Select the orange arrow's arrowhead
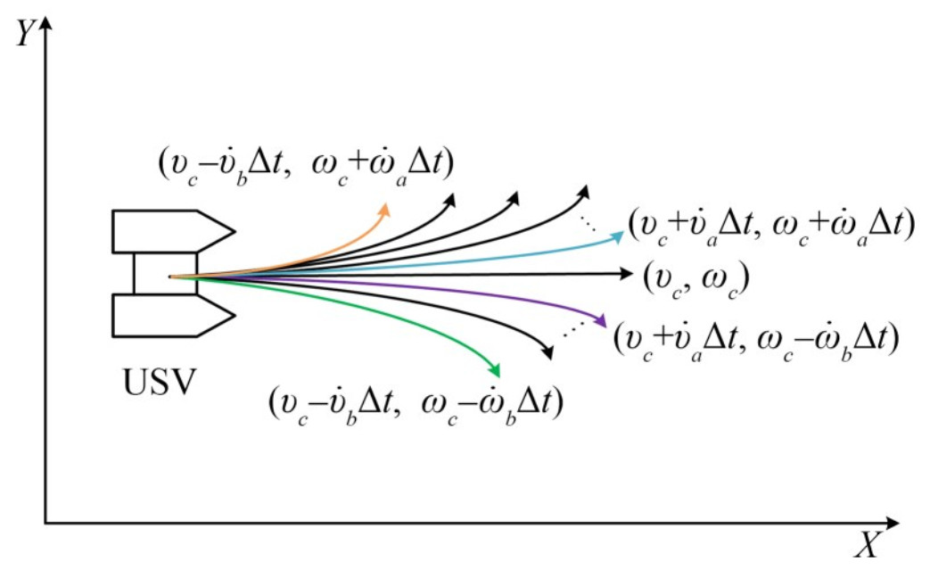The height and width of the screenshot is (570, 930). (385, 208)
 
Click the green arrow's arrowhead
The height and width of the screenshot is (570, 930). (495, 372)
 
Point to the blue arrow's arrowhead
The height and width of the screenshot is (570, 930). (621, 235)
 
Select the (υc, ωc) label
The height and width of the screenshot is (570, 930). (695, 280)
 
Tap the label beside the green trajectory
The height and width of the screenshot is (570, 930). (416, 402)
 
